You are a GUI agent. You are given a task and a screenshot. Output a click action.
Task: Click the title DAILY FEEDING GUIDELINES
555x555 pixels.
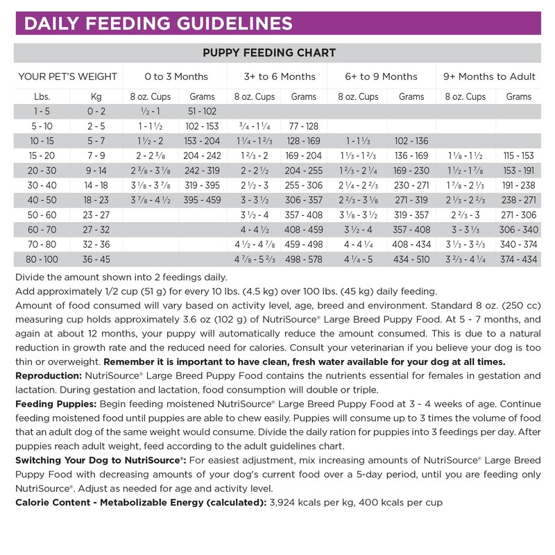[x=157, y=24]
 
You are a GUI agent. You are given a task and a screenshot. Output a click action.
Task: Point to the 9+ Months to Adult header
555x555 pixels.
[x=489, y=76]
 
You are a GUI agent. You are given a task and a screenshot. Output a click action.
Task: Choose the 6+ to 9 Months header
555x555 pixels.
[x=382, y=76]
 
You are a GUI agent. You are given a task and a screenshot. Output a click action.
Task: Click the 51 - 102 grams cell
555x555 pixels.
[x=202, y=112]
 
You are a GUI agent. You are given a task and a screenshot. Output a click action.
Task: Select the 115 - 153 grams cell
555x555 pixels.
[x=520, y=156]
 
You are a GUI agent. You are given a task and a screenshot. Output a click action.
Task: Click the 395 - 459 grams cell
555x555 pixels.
[x=202, y=200]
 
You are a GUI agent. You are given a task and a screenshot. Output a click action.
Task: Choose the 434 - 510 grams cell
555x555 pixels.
[x=411, y=259]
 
